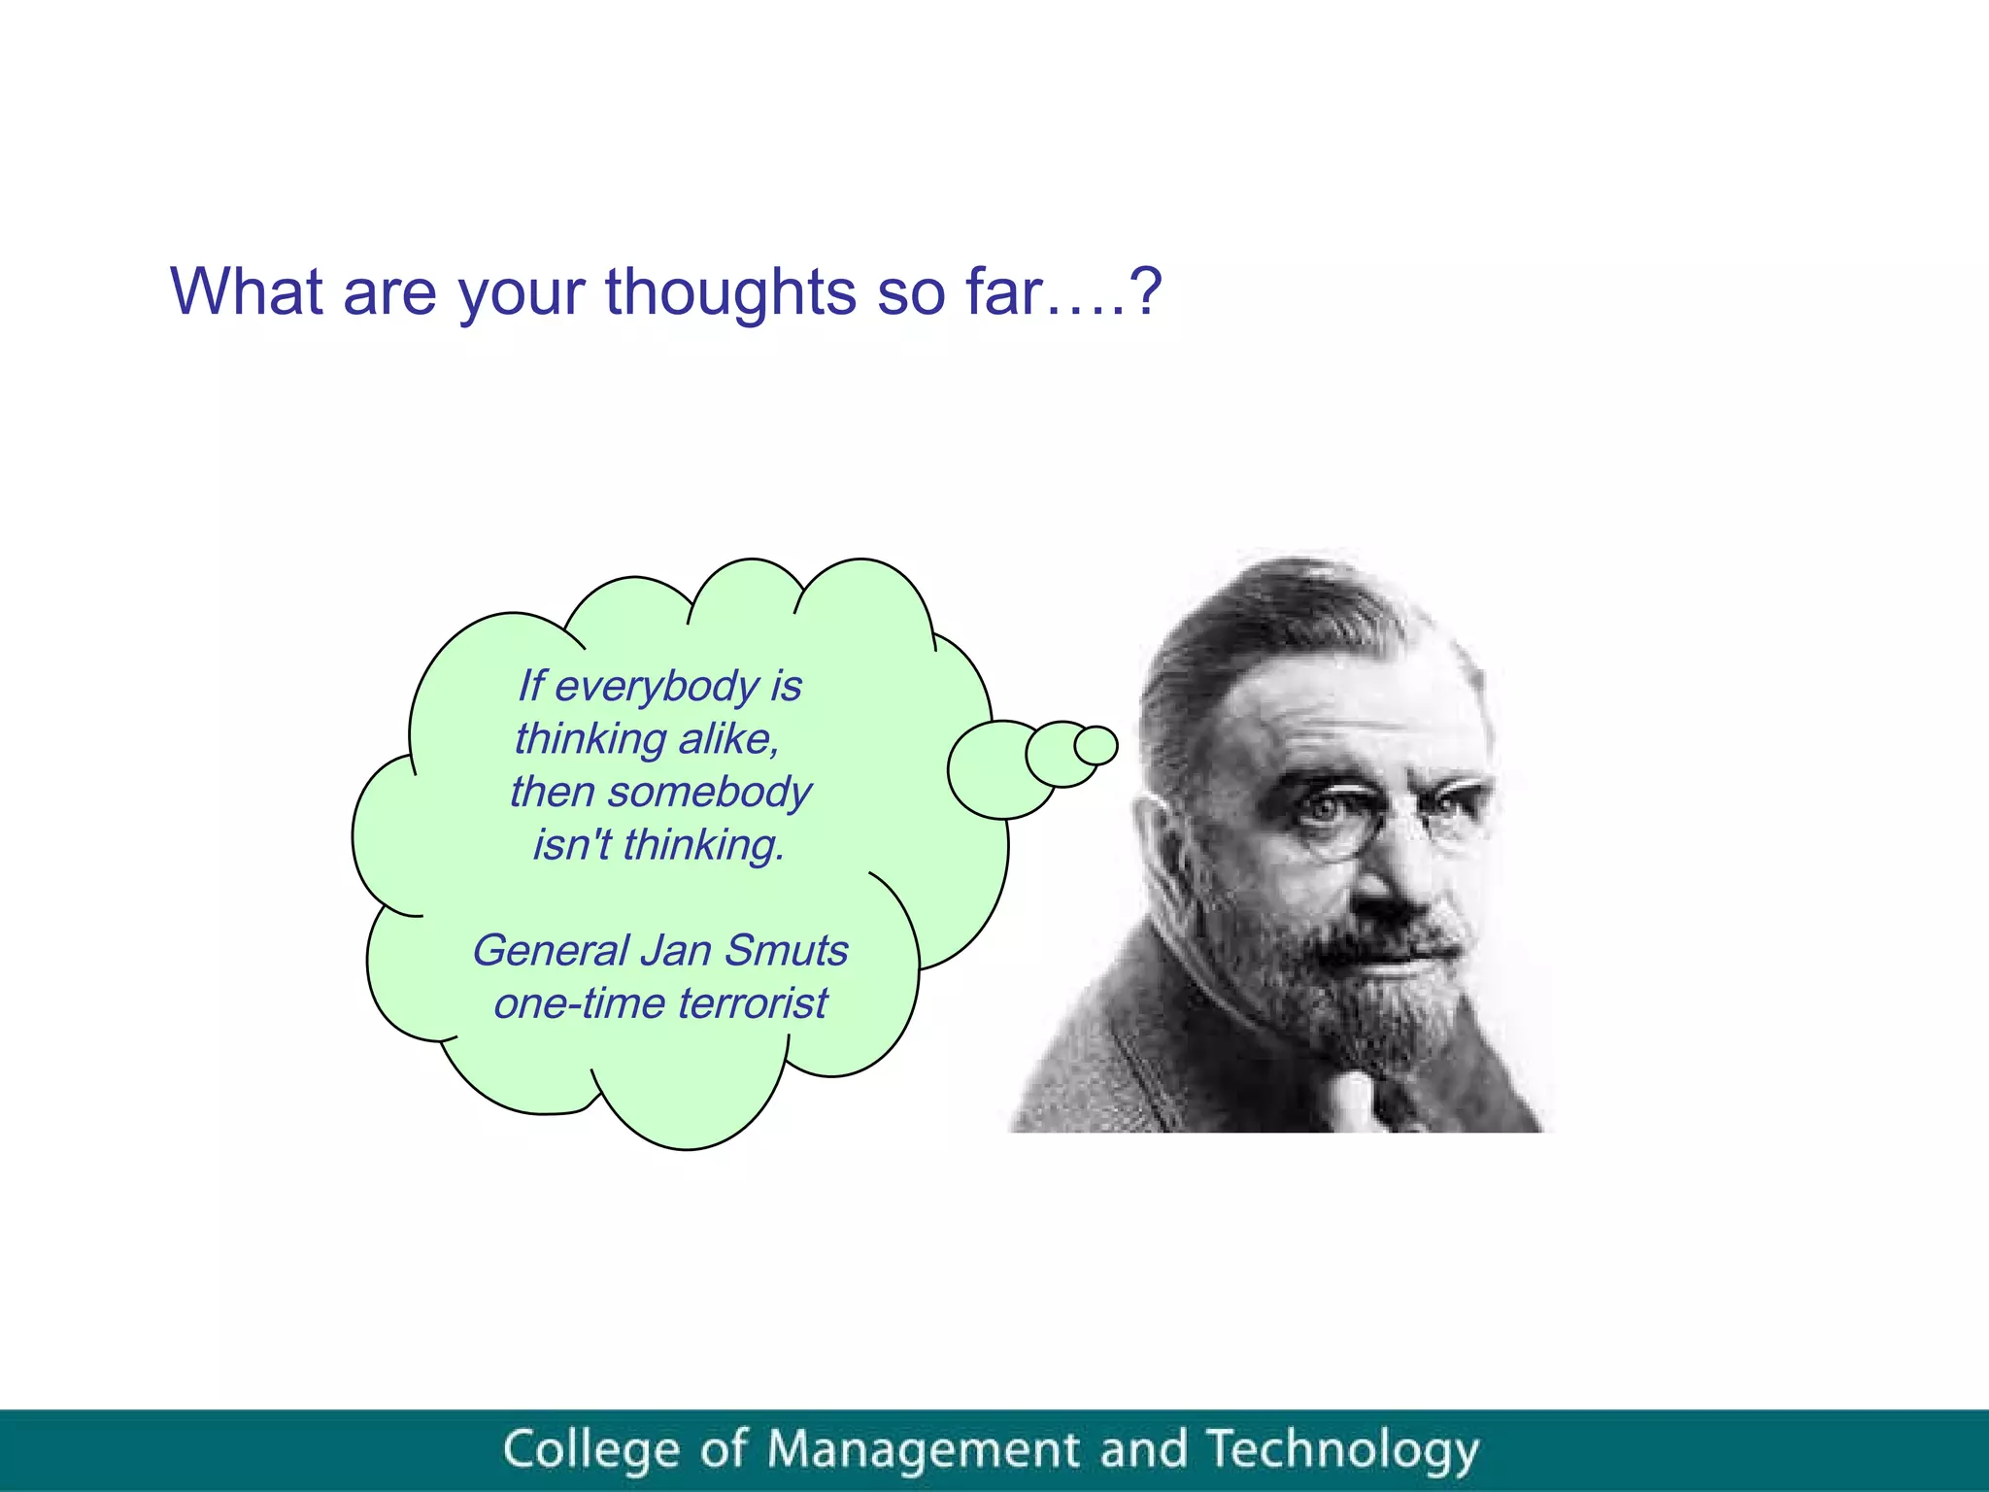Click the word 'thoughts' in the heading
(x=730, y=291)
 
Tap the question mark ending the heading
(x=1146, y=291)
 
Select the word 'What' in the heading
(x=247, y=291)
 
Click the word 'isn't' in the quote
(x=571, y=844)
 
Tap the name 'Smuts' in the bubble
(x=786, y=950)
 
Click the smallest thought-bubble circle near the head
(x=1096, y=746)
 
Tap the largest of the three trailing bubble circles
(x=1000, y=769)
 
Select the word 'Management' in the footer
(x=923, y=1449)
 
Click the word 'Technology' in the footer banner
(x=1342, y=1449)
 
